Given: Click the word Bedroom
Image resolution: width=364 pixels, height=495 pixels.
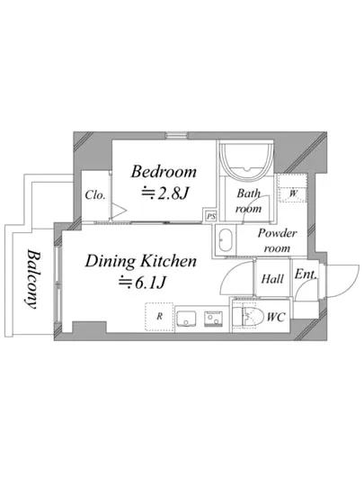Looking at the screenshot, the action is (x=164, y=172).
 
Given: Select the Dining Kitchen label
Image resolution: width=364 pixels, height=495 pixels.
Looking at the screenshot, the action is (x=141, y=261).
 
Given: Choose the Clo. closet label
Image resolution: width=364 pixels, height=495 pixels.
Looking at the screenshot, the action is (x=95, y=194).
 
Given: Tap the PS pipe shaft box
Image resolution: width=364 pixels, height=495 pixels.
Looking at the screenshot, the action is (x=210, y=216).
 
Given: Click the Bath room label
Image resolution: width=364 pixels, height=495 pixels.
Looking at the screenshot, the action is (x=249, y=201).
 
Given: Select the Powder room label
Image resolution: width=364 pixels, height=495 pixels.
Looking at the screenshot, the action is (x=277, y=240).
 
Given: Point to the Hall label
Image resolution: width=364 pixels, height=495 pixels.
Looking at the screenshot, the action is (x=272, y=279).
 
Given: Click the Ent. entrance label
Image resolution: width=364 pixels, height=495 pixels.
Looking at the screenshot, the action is (x=306, y=274).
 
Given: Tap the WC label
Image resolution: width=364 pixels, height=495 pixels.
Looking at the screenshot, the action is (x=276, y=317).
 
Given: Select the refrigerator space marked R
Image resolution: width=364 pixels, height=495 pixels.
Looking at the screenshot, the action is (x=159, y=317).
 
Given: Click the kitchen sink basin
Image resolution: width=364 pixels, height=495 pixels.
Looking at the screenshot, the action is (x=186, y=319).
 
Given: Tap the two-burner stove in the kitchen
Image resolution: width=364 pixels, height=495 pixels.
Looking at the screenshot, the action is (x=213, y=319).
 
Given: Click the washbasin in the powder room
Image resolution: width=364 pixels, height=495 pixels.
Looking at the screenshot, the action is (x=226, y=240).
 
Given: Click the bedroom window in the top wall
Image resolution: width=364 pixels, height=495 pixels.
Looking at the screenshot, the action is (x=176, y=136).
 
